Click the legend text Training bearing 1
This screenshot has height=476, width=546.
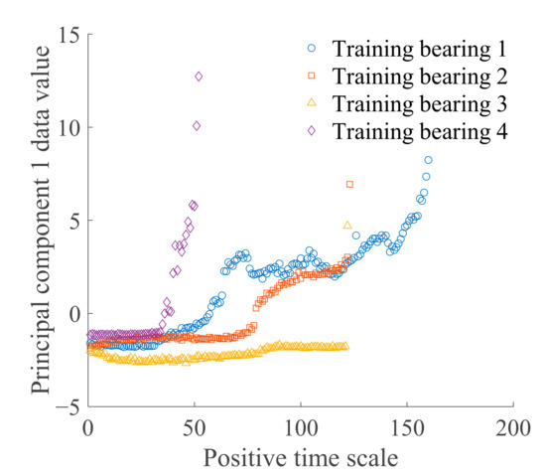pos(421,48)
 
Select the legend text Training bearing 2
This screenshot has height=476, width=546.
pos(421,76)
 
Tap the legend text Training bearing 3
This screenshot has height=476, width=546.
pos(421,103)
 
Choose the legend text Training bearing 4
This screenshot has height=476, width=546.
pos(421,131)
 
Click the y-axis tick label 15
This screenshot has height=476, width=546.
pos(68,35)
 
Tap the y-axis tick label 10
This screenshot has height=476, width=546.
pos(68,127)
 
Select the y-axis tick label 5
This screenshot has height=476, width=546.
pos(73,221)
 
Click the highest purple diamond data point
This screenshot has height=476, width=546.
pos(199,77)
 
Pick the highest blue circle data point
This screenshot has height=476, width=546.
pos(429,160)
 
